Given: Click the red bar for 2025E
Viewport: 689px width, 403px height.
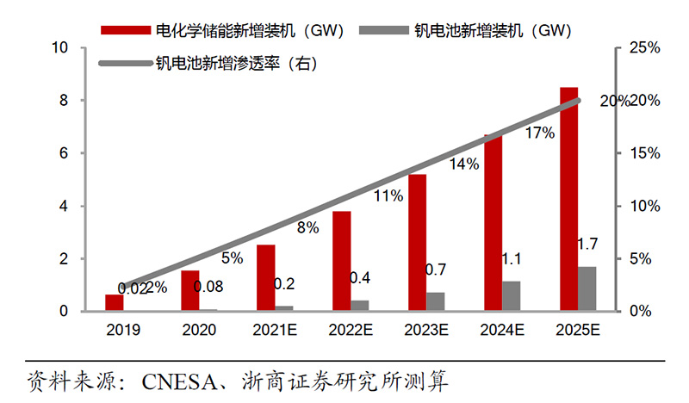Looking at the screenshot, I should [568, 199].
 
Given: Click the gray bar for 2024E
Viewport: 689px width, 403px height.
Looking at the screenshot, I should [511, 295].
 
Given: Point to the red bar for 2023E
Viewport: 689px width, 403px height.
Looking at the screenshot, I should [417, 242].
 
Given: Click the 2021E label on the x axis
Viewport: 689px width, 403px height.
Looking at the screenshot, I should [275, 329].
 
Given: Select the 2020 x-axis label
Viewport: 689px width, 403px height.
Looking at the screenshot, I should [199, 329].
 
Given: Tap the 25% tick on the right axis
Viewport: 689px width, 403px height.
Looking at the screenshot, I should [643, 48].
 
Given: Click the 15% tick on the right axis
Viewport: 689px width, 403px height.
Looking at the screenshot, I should [643, 153].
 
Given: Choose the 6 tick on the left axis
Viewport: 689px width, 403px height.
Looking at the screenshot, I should [65, 153].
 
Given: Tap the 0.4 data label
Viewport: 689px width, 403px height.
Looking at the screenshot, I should [360, 278].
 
